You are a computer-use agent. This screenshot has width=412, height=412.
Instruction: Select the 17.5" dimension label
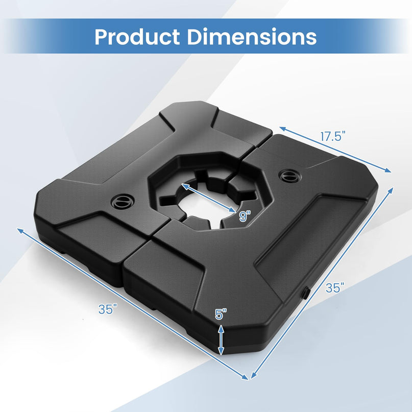pyautogui.click(x=333, y=136)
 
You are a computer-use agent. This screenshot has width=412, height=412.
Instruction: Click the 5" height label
pyautogui.click(x=220, y=314)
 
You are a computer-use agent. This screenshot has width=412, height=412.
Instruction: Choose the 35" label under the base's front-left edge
pyautogui.click(x=108, y=309)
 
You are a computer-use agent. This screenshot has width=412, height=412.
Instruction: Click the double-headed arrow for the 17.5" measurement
pyautogui.click(x=335, y=149)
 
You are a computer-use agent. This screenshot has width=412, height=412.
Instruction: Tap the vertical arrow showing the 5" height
pyautogui.click(x=221, y=339)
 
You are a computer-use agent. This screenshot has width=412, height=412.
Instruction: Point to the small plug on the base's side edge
pyautogui.click(x=305, y=293)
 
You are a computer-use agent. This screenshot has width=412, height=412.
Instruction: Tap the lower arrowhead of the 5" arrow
pyautogui.click(x=221, y=352)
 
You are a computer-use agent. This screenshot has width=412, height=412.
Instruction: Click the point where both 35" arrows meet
pyautogui.click(x=249, y=379)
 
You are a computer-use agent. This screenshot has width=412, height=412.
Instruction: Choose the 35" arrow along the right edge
pyautogui.click(x=322, y=283)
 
